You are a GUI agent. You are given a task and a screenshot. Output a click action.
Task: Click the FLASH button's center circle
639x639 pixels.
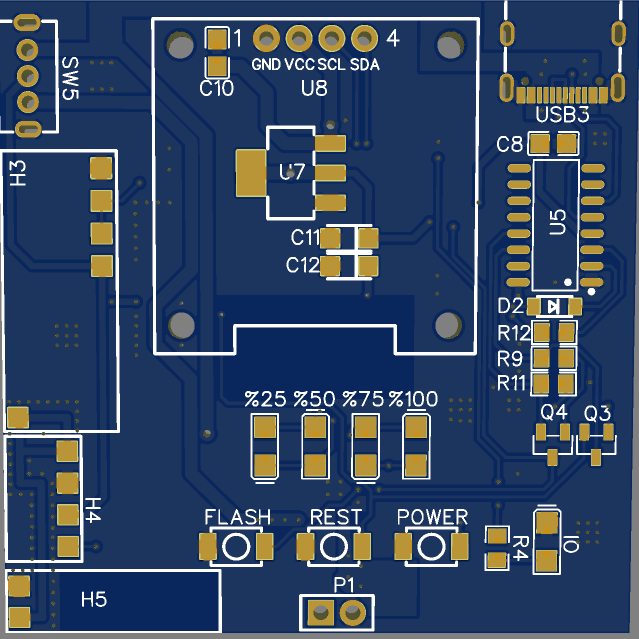pos(236,546)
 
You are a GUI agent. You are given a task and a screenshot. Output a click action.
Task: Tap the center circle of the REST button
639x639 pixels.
pos(334,546)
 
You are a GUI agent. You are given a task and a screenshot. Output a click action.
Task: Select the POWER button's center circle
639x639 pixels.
pos(431,546)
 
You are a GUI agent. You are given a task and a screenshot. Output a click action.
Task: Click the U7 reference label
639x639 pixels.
pos(291,172)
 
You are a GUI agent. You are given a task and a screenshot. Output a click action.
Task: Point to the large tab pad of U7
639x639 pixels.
pos(251,173)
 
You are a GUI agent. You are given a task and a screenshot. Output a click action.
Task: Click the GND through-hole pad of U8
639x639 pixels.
pos(266,39)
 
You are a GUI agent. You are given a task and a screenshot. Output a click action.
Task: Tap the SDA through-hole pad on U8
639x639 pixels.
pos(364,39)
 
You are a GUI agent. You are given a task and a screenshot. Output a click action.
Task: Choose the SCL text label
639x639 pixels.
pos(331,65)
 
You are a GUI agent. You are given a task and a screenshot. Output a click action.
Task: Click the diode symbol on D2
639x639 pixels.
pos(553,307)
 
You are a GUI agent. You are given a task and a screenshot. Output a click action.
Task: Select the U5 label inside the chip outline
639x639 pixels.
pos(557,222)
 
